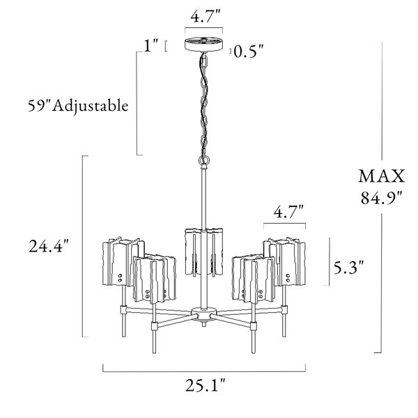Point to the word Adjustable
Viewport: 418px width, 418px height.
tap(95, 107)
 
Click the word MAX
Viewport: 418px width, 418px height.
tap(378, 173)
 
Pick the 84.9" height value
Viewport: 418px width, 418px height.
tap(378, 197)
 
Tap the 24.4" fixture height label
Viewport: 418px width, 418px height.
tap(48, 246)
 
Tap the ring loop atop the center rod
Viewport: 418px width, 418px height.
tap(203, 161)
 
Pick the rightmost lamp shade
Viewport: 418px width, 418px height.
tap(286, 261)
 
